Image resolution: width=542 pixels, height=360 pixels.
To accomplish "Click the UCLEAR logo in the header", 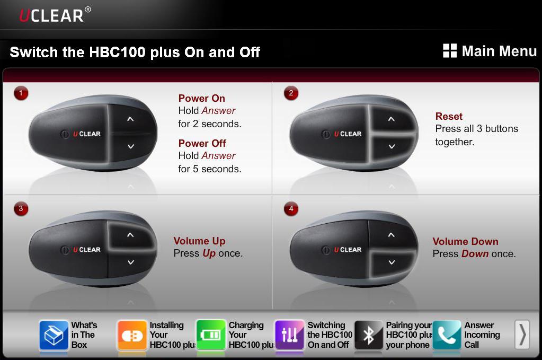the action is click(55, 15).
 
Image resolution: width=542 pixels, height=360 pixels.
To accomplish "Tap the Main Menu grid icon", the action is click(450, 50).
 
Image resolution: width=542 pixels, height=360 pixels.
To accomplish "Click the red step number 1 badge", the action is click(21, 93).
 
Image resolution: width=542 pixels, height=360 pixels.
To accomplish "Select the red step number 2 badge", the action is click(291, 93).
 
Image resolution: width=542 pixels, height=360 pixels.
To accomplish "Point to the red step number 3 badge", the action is click(21, 209).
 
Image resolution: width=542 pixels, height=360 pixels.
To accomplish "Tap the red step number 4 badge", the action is click(291, 209).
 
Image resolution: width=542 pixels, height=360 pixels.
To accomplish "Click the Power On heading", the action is click(201, 98).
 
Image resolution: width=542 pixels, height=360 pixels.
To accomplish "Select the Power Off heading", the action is click(202, 143).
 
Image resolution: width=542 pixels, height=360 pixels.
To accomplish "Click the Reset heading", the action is click(449, 116).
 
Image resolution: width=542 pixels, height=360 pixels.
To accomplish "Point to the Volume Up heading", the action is click(199, 241).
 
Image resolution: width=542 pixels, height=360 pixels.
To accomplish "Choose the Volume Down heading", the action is click(465, 241).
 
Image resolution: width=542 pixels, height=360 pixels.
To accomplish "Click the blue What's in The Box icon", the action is click(54, 335).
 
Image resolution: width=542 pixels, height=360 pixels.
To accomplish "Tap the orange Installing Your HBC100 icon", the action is click(132, 335).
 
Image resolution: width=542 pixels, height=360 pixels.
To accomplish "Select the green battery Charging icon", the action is click(211, 335).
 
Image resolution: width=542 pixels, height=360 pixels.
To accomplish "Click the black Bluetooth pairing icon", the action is click(368, 335).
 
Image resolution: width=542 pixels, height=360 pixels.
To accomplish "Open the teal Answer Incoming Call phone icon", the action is click(447, 335).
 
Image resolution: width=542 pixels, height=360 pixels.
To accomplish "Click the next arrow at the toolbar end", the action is click(522, 335).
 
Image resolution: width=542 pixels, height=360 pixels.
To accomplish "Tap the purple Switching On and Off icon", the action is click(289, 335).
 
